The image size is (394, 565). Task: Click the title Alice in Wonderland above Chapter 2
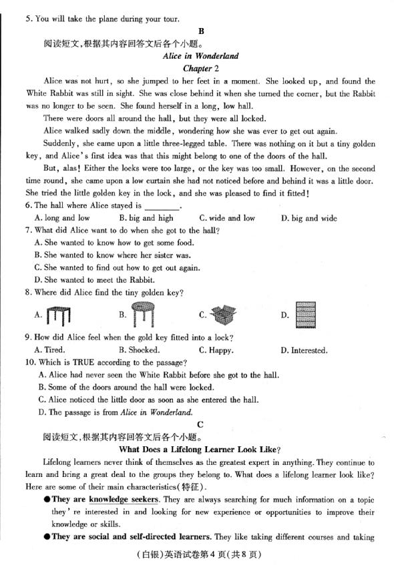(x=200, y=56)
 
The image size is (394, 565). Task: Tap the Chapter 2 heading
(x=200, y=68)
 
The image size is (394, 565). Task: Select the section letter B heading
(x=201, y=31)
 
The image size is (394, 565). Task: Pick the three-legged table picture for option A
(x=59, y=313)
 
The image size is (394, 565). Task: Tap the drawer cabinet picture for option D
(x=306, y=314)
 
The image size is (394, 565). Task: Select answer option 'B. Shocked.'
(x=139, y=350)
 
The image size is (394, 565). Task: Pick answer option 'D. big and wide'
(x=309, y=218)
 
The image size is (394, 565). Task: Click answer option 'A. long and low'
(x=62, y=218)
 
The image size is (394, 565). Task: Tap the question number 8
(x=29, y=292)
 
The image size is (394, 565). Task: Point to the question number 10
(x=31, y=362)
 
